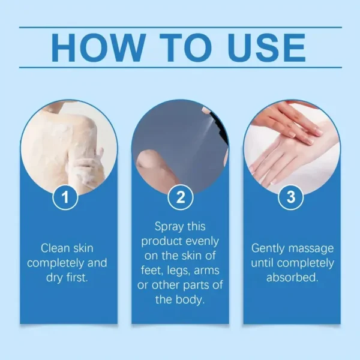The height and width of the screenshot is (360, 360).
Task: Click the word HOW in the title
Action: [98, 47]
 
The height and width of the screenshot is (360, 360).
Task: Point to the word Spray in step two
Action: [170, 227]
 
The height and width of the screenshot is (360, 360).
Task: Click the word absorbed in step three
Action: [291, 278]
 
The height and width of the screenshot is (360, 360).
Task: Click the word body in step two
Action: [190, 299]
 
